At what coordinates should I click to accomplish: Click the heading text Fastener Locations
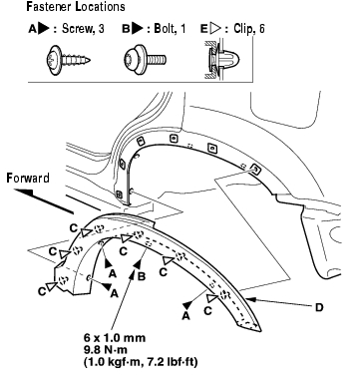[x=76, y=7]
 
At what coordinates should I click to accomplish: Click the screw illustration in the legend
[x=69, y=61]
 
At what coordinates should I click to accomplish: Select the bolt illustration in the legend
[x=145, y=60]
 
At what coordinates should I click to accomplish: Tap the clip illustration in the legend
[x=222, y=60]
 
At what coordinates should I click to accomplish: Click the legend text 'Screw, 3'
[x=83, y=29]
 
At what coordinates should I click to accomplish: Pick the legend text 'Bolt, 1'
[x=170, y=29]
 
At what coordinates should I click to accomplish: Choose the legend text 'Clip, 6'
[x=249, y=29]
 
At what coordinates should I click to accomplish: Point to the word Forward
[x=28, y=179]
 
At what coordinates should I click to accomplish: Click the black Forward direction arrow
[x=43, y=201]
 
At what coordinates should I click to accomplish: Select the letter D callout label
[x=319, y=307]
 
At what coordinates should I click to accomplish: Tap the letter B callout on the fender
[x=142, y=276]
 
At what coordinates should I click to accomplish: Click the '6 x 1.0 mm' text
[x=115, y=338]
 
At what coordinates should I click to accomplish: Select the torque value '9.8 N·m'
[x=106, y=350]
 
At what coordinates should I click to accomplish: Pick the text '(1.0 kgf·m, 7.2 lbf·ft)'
[x=141, y=361]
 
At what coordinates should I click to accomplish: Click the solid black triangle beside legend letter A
[x=44, y=29]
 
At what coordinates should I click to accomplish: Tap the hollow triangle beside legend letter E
[x=215, y=29]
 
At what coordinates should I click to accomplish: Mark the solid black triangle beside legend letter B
[x=137, y=29]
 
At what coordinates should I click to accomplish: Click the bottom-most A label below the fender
[x=185, y=316]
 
